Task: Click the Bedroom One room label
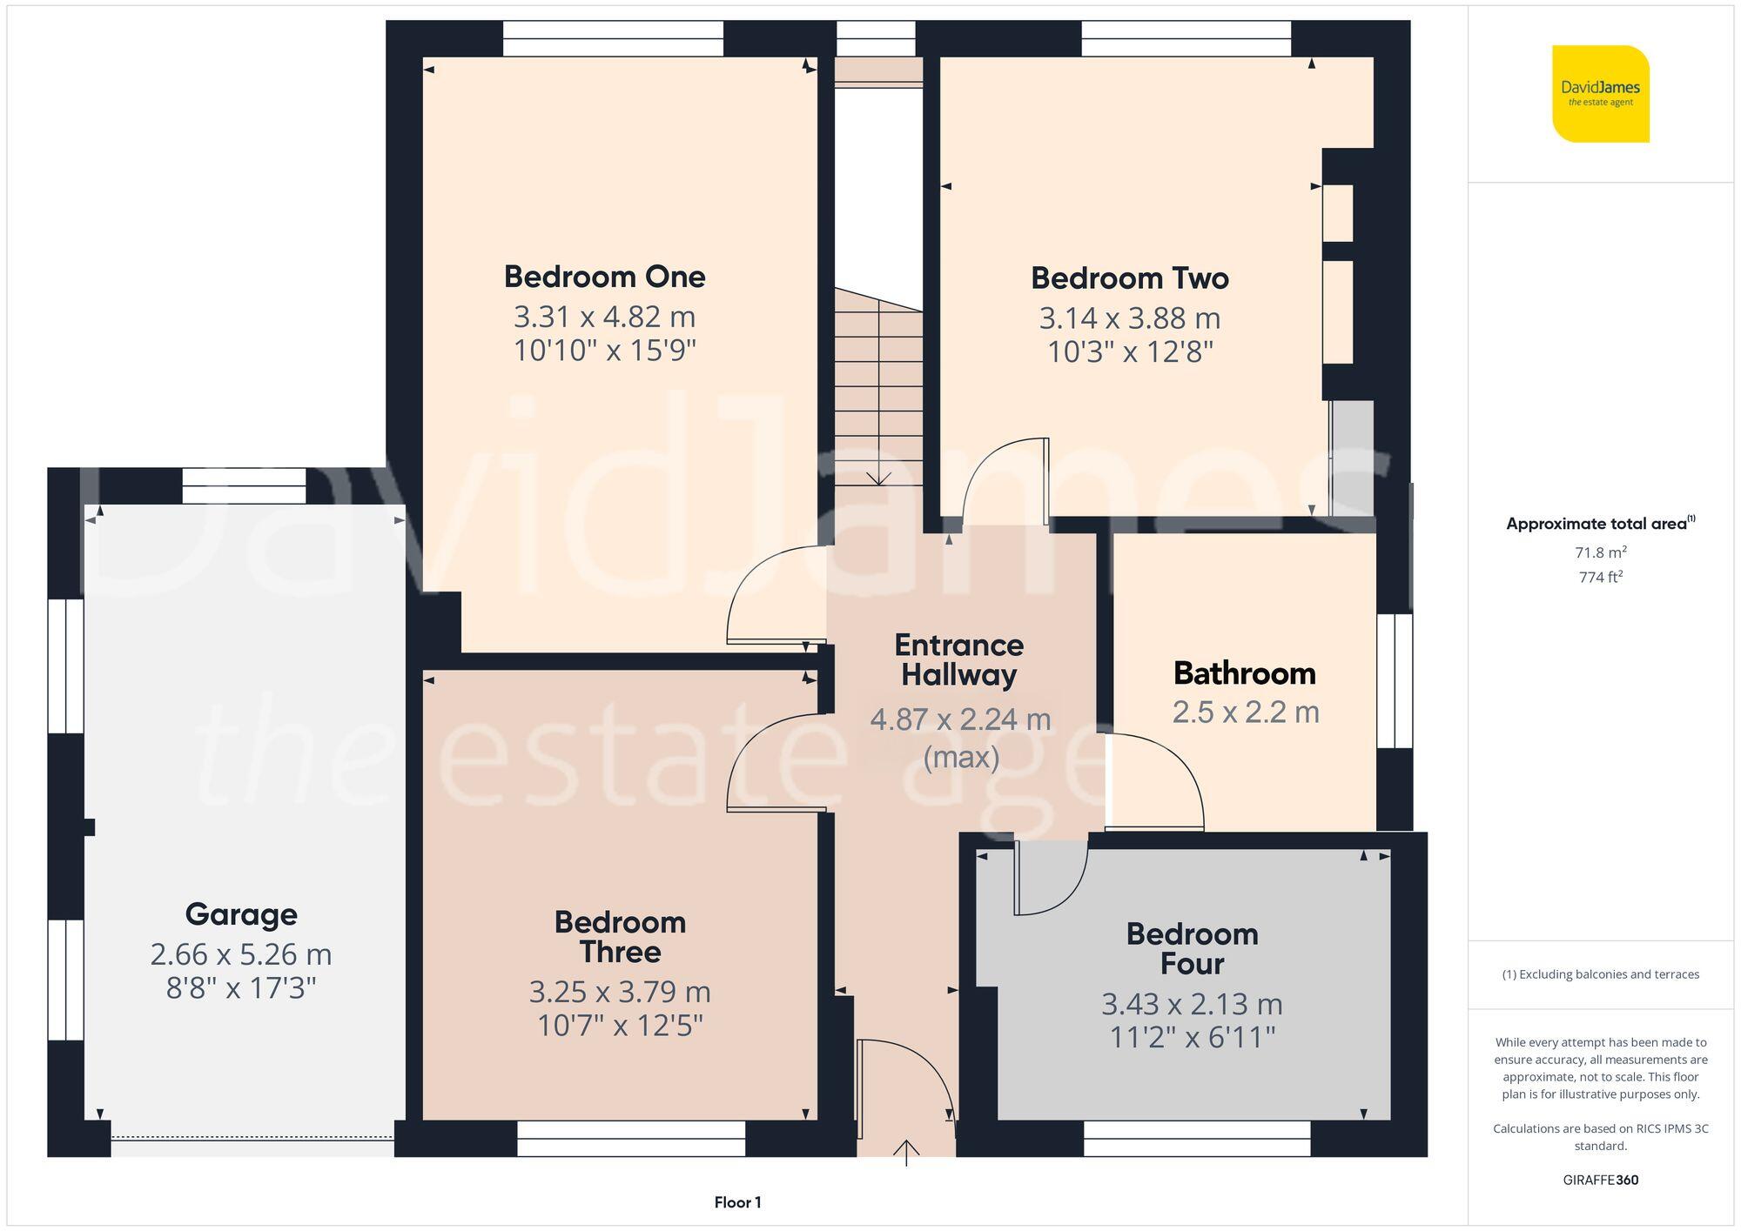tap(604, 277)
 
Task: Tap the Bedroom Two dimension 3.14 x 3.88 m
tap(1129, 318)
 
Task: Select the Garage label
tap(241, 914)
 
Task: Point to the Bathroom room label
tap(1244, 673)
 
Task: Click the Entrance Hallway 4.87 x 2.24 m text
tap(960, 719)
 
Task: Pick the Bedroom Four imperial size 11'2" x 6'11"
tap(1192, 1038)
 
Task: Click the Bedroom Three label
tap(620, 937)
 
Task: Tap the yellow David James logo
tap(1600, 94)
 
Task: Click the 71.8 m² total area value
tap(1600, 552)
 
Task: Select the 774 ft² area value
tap(1600, 577)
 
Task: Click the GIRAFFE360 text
tap(1600, 1181)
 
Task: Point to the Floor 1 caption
tap(737, 1202)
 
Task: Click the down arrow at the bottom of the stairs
tap(879, 478)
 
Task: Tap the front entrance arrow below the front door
tap(906, 1152)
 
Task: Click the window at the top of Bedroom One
tap(613, 38)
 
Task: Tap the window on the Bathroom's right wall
tap(1395, 681)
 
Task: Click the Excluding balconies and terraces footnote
tap(1600, 974)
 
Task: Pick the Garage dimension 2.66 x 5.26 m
tap(241, 954)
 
